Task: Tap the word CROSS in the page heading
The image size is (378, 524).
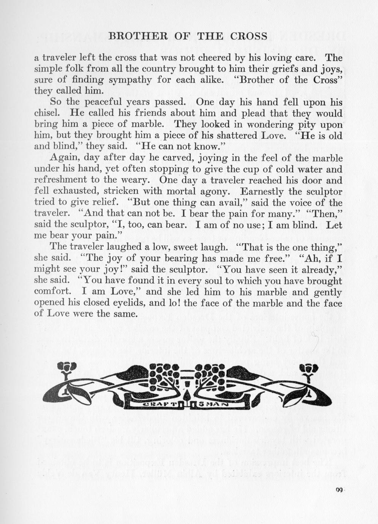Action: (x=249, y=36)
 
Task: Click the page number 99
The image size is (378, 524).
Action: (x=339, y=490)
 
